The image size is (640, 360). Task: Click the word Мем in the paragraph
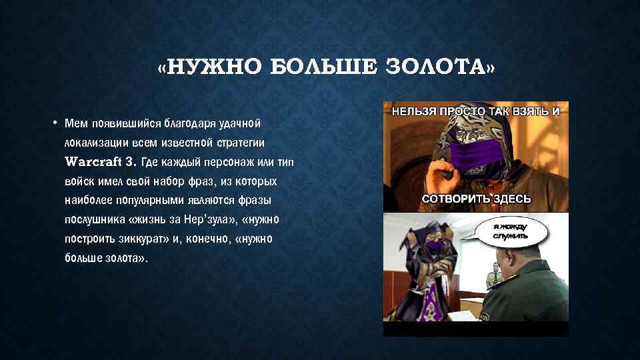pyautogui.click(x=77, y=123)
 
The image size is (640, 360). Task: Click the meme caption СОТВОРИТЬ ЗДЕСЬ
pyautogui.click(x=476, y=199)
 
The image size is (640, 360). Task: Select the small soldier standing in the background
pyautogui.click(x=494, y=273)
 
